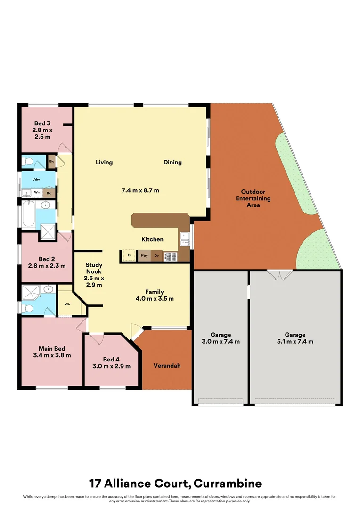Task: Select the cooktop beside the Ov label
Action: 171,257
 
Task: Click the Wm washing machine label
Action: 37,192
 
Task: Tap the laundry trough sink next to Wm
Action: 25,193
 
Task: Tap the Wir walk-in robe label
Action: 67,304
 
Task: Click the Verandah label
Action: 167,366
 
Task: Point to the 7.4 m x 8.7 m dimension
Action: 140,191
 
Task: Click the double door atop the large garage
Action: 279,274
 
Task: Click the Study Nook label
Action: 94,268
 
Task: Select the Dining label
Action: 172,163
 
